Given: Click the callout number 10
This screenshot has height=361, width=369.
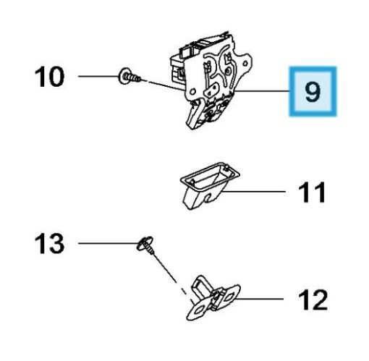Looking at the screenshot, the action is [50, 77].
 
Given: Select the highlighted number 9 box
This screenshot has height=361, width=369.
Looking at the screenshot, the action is [313, 91].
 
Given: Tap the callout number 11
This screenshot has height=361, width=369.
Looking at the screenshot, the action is [312, 192].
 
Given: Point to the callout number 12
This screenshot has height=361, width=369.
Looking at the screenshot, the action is [313, 300].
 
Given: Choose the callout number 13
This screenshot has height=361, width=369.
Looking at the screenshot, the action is [50, 243].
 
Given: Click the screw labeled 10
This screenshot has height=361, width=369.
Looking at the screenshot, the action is [130, 76].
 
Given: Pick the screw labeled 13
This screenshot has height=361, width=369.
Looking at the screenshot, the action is [146, 245].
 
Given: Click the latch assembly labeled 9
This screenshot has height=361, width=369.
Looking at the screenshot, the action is [211, 80].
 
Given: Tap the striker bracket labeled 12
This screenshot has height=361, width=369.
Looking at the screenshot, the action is [213, 298].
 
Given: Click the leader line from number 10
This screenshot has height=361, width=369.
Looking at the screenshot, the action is [99, 76].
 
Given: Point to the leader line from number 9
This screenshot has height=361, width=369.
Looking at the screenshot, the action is [262, 91].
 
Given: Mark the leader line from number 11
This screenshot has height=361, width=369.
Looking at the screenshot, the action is [254, 192].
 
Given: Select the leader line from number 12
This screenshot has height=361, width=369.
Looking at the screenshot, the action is [260, 299].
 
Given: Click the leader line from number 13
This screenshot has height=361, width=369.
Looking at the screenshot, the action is [108, 243].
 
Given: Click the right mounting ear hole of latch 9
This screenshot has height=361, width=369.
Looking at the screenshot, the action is [245, 64].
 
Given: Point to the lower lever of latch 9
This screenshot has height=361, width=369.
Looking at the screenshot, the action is [194, 114].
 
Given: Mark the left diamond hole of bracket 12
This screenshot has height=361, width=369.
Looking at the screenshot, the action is [199, 310].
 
